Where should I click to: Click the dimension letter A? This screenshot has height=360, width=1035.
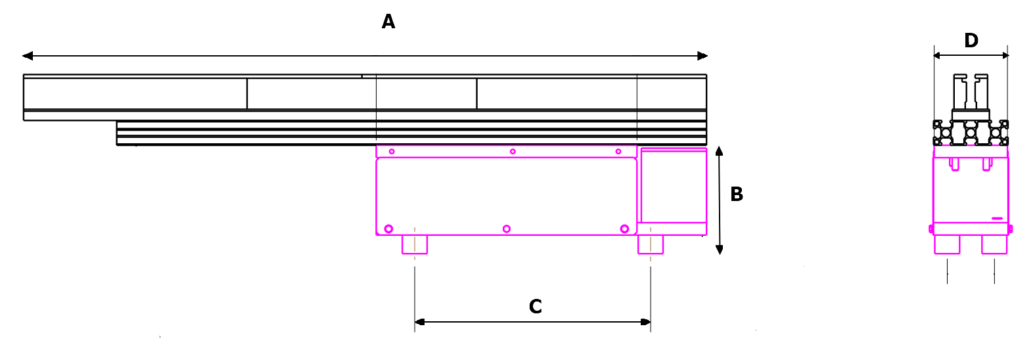388,22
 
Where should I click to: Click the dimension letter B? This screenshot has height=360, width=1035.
737,194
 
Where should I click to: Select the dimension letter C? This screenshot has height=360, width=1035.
535,306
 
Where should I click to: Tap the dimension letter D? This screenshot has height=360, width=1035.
971,41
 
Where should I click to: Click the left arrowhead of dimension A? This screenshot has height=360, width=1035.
28,56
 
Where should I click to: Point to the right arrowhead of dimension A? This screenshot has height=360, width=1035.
702,56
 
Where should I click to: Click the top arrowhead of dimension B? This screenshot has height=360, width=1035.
719,151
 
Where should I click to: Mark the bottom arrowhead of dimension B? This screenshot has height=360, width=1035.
719,250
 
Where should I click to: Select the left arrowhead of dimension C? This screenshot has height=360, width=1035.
419,322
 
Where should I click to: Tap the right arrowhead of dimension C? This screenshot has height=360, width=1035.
645,322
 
